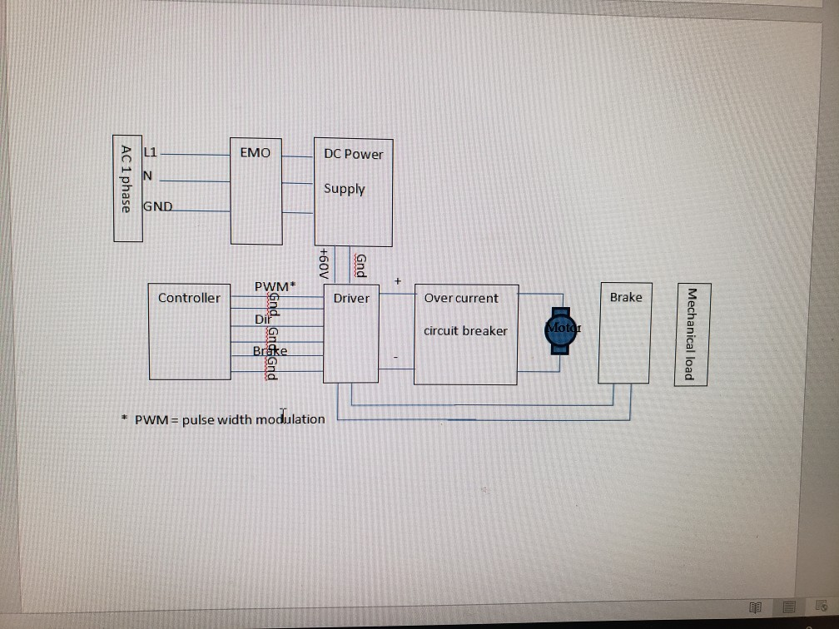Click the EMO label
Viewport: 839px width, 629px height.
[x=255, y=153]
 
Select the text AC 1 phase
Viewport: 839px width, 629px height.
[x=126, y=178]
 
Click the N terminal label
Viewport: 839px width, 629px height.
[x=147, y=176]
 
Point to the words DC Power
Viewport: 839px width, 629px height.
[x=354, y=154]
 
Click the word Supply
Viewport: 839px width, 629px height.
[x=345, y=189]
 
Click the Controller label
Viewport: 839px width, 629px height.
[x=189, y=298]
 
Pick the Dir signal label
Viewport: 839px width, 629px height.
[x=261, y=319]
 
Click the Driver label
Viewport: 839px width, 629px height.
[x=350, y=298]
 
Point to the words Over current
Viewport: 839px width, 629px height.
[x=461, y=298]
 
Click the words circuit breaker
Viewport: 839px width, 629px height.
[x=465, y=330]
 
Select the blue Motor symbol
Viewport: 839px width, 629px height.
[x=562, y=329]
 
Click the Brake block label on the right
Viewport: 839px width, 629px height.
[x=625, y=297]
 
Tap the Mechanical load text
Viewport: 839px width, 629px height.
[x=688, y=334]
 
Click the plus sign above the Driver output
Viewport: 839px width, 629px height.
[x=398, y=282]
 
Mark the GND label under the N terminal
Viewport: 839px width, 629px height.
[x=158, y=206]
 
